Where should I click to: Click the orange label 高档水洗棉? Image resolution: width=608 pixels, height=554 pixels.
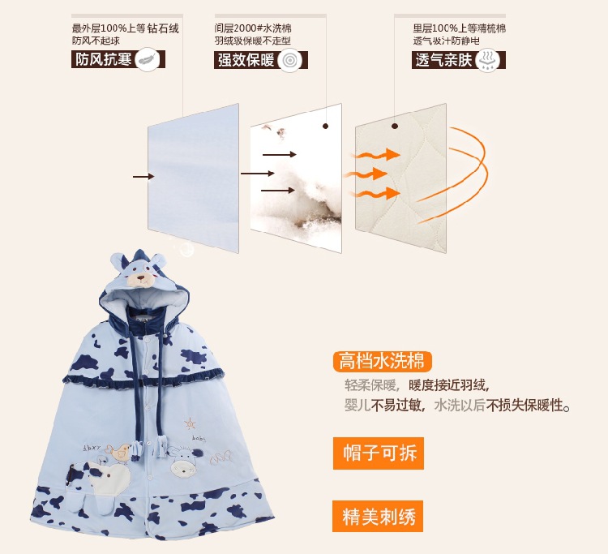pos(381,361)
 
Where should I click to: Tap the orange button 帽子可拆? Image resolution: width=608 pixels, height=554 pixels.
pos(379,453)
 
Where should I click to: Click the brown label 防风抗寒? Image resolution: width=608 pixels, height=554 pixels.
pos(103,60)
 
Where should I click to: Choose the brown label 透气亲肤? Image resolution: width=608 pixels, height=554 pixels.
pos(443,60)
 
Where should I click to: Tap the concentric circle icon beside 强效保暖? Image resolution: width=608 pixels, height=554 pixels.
pos(289,60)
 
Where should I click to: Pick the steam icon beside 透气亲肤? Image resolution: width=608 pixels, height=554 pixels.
pos(490,60)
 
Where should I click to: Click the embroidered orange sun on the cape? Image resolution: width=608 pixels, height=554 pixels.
pos(191,423)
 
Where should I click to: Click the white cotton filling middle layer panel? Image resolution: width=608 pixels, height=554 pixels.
pos(296,178)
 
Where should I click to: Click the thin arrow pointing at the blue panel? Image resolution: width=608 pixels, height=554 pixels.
pos(143,176)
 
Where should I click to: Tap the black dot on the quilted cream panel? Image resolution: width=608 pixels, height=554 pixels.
pos(396,126)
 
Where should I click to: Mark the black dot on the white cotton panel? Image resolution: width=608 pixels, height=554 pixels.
pos(326,126)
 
